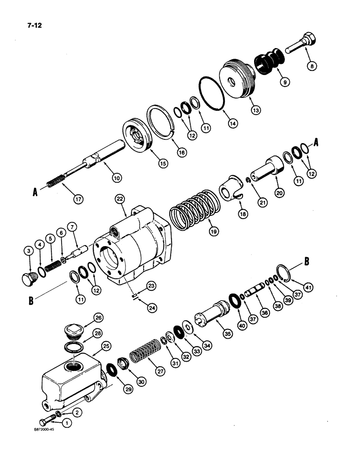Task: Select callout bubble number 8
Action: [312, 66]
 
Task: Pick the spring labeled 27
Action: [143, 358]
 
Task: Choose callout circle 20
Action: [280, 192]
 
